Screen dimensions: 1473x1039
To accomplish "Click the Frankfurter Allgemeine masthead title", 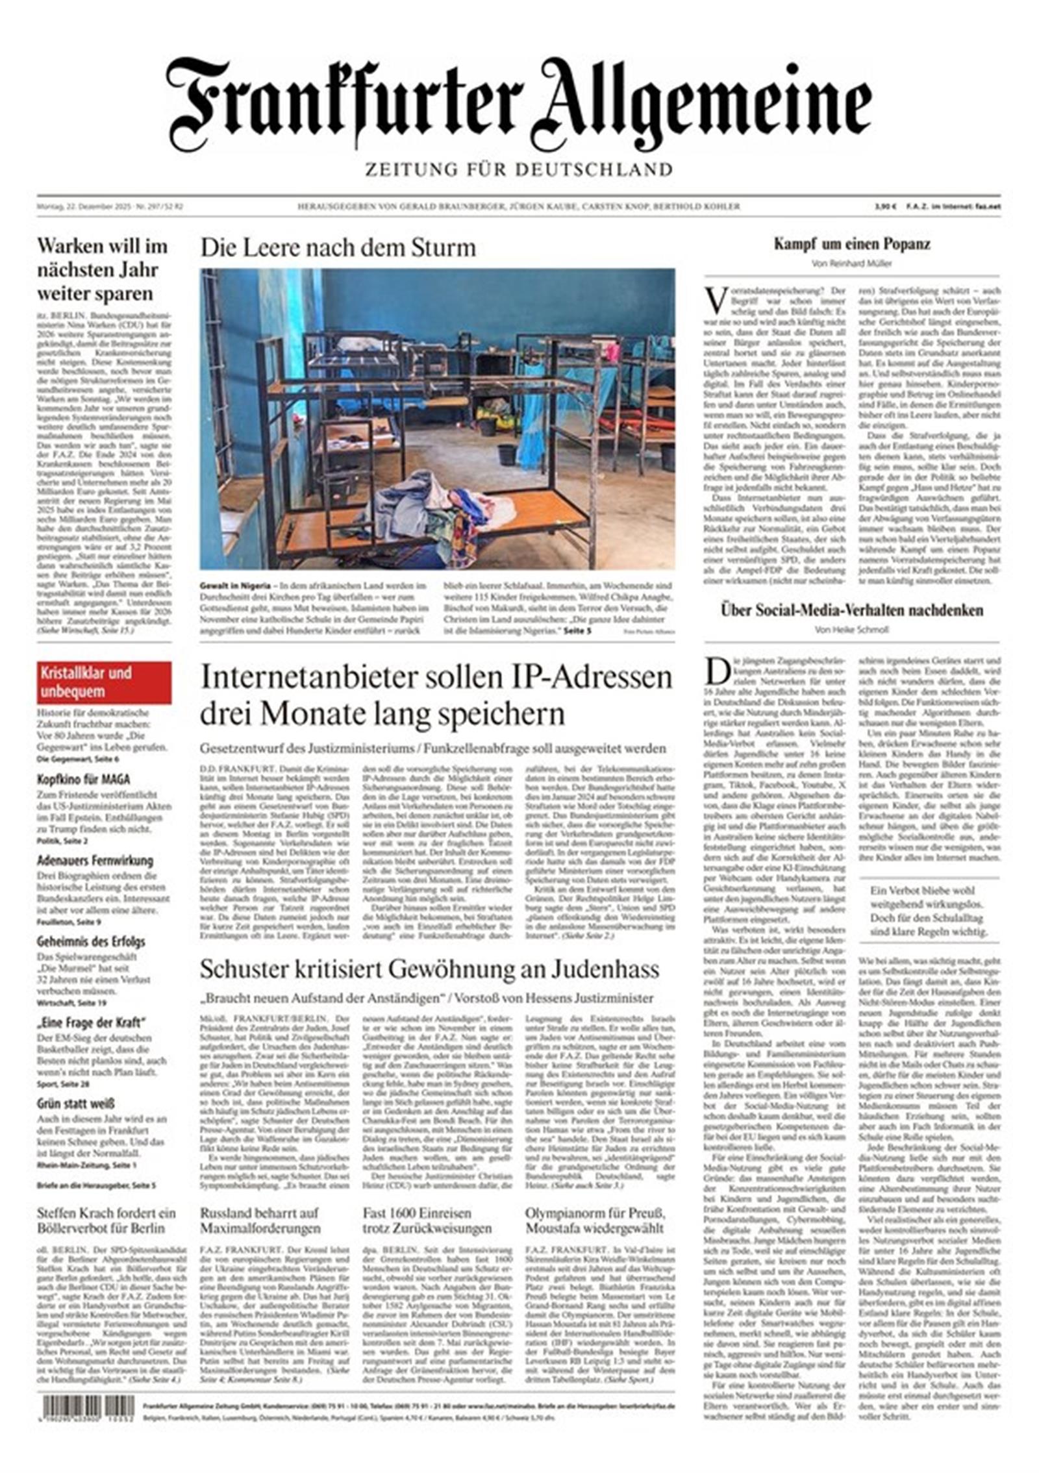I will [x=518, y=104].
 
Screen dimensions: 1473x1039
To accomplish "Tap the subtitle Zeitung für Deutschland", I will [x=518, y=170].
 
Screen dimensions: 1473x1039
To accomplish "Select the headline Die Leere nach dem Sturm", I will [x=338, y=248].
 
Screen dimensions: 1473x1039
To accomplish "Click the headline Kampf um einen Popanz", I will [x=851, y=244].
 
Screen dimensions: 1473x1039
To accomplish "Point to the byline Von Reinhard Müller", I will [x=851, y=264].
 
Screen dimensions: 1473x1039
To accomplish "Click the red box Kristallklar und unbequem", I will [x=104, y=682].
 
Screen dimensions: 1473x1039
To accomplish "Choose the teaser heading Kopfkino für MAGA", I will [x=83, y=779].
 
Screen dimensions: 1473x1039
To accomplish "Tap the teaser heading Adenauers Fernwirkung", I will [x=95, y=860].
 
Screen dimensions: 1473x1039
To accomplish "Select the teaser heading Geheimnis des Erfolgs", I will [x=91, y=941].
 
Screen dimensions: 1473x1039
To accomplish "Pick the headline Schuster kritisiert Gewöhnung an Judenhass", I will [x=429, y=969].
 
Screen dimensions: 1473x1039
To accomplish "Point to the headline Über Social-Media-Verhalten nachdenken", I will [x=851, y=610].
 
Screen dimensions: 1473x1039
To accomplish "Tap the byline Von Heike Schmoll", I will [x=851, y=630].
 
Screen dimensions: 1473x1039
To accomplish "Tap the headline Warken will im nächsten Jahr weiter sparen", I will [x=103, y=269].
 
